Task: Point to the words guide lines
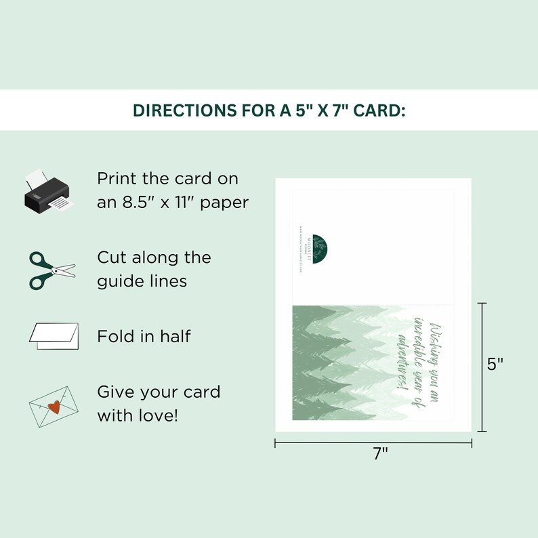[142, 281]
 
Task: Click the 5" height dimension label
[495, 364]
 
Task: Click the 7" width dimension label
[381, 455]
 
